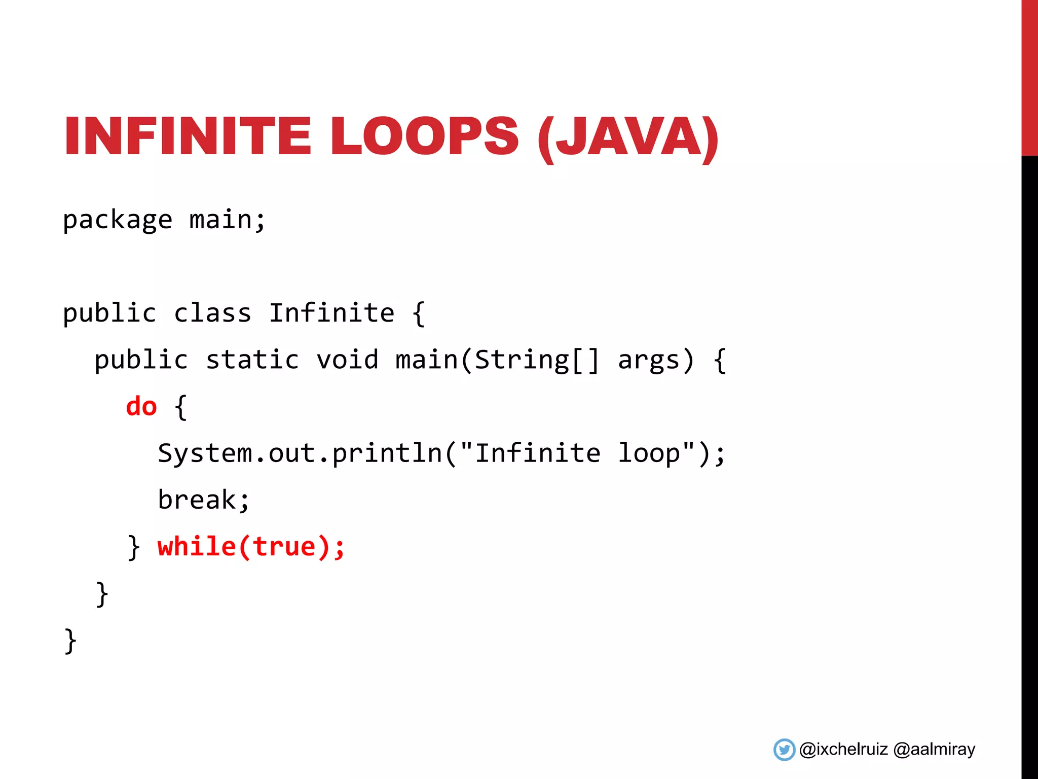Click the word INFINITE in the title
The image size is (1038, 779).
187,136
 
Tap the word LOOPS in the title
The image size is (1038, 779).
425,136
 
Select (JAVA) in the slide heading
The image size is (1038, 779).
628,137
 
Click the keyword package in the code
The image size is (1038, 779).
118,221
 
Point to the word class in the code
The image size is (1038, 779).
212,313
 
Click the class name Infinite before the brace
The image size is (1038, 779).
331,313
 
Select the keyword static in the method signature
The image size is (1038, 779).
252,360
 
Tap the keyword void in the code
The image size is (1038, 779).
347,360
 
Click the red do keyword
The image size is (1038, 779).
141,407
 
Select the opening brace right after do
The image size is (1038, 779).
180,407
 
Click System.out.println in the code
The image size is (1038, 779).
300,453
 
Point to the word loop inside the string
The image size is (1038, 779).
649,453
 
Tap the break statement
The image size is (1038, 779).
203,500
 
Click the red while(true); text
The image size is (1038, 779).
251,547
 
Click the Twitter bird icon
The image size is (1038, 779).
784,750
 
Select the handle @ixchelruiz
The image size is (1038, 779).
843,750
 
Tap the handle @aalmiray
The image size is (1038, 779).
934,750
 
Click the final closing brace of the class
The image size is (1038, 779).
70,641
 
